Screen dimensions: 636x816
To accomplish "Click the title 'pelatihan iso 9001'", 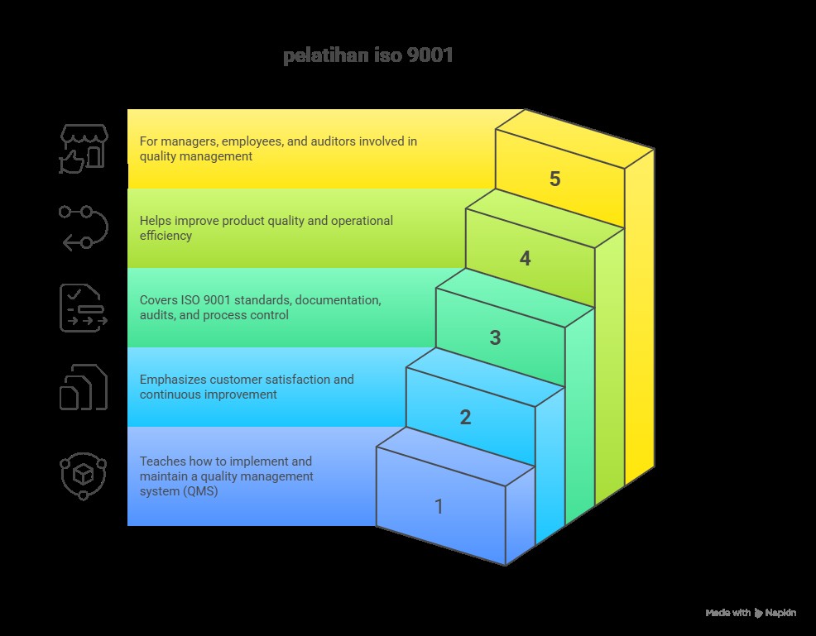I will [x=367, y=57].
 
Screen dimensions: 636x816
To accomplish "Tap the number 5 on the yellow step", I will [x=554, y=179].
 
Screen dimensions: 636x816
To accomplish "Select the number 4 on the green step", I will [x=525, y=259].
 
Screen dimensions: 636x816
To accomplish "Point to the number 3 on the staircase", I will [x=495, y=337].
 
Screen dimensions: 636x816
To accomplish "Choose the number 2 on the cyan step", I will [x=465, y=417].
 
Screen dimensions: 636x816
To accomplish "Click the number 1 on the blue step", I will [x=439, y=506].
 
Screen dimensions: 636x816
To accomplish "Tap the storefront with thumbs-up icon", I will [x=83, y=149].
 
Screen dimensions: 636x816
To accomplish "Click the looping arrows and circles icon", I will [x=83, y=227].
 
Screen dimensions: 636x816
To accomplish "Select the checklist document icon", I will [x=83, y=308].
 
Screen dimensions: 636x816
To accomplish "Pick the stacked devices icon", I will [x=83, y=387].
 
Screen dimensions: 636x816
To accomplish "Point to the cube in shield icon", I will [x=83, y=476].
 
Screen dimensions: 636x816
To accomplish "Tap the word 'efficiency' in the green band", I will [x=166, y=236].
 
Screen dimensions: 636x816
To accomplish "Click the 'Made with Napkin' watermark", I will [x=751, y=613].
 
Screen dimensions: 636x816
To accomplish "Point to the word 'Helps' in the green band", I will [x=155, y=221].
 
